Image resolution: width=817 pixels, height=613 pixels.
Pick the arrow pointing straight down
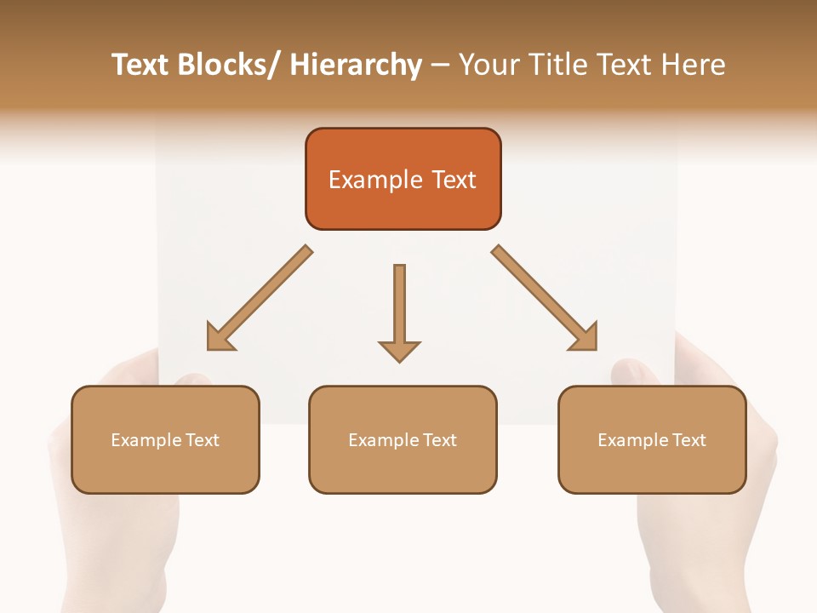(399, 306)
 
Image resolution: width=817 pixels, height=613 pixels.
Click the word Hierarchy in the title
(356, 66)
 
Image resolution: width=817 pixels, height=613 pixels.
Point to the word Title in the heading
(559, 66)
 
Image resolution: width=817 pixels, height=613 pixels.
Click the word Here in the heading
(694, 66)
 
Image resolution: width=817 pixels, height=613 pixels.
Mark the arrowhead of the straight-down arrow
(399, 350)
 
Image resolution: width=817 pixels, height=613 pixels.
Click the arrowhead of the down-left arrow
(220, 337)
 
